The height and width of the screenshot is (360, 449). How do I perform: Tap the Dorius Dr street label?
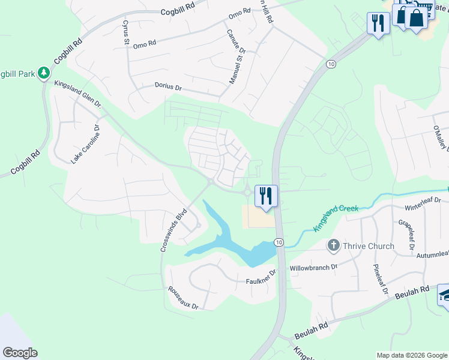click(168, 87)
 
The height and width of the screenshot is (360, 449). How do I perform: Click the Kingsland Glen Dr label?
click(78, 95)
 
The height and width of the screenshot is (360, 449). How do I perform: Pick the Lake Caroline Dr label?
click(85, 143)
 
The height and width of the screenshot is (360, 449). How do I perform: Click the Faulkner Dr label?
click(261, 277)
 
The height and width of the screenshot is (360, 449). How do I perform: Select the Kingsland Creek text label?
click(336, 217)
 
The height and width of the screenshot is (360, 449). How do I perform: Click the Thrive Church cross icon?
click(334, 245)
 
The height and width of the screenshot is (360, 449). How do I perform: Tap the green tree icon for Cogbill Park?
click(43, 73)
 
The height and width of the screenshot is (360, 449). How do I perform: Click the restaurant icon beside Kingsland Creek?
click(266, 196)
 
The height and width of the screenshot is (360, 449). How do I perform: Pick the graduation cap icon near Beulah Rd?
click(444, 295)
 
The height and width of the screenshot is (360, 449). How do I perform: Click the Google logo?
click(20, 353)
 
